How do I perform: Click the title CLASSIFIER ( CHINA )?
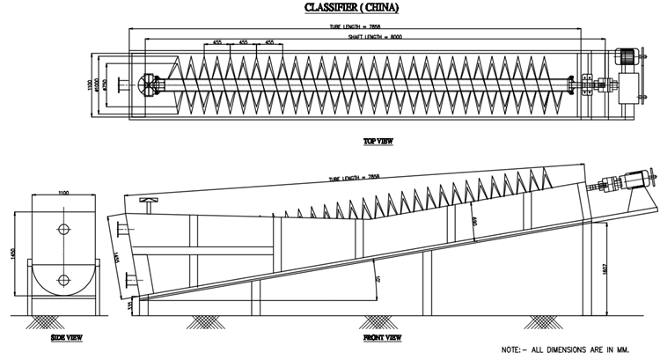click(x=351, y=8)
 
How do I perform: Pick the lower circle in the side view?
click(x=63, y=280)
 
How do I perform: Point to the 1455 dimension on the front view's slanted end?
click(x=116, y=256)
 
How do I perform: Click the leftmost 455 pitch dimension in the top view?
click(x=217, y=42)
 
